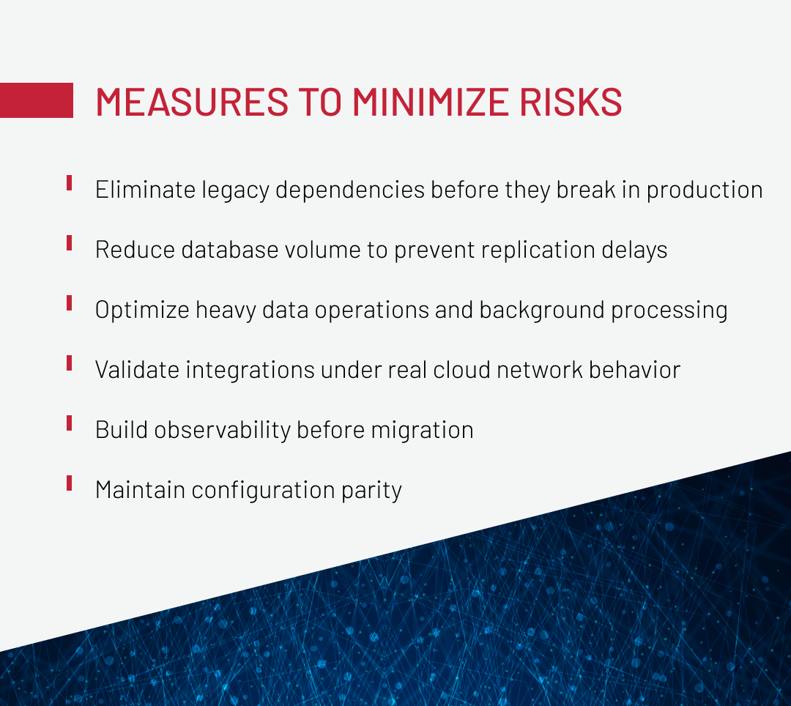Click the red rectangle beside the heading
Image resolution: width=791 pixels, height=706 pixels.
pos(37,100)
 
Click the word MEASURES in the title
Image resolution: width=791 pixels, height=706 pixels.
pos(192,102)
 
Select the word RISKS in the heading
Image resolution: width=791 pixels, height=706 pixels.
pos(571,102)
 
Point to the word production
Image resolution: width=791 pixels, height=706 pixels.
pos(705,190)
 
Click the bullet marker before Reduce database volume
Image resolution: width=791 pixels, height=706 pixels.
pos(69,242)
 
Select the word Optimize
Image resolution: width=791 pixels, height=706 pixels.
pos(142,310)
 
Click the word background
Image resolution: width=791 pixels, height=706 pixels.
pos(542,310)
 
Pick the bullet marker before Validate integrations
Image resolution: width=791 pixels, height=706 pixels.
pos(69,363)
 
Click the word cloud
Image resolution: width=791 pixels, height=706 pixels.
pos(462,370)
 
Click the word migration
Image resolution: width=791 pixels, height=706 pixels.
pos(423,430)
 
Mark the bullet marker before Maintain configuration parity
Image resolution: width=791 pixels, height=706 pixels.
pos(69,483)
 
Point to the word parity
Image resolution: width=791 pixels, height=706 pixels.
pos(372,490)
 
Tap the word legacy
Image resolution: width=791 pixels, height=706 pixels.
pos(236,190)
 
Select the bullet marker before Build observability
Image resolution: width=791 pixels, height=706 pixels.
pos(69,423)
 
